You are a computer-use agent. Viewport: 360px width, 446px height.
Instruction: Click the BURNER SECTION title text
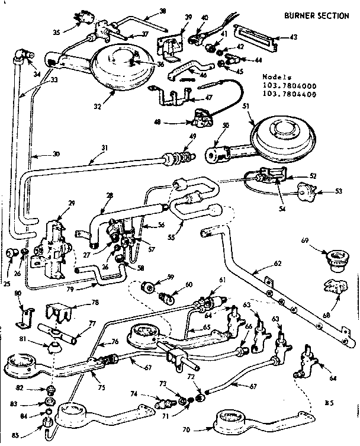point(316,15)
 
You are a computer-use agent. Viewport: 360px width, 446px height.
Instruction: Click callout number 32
point(97,107)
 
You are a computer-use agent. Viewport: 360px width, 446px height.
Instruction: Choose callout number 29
point(72,203)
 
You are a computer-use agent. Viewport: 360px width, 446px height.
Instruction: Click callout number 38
point(147,10)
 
